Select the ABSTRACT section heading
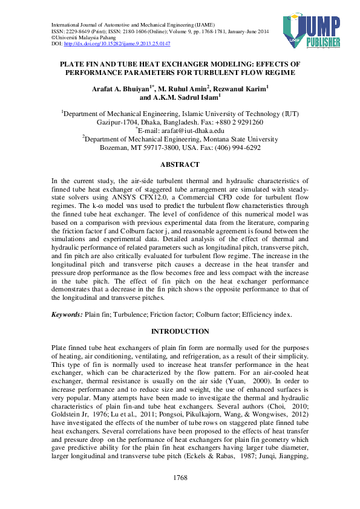180,164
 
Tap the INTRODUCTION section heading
180,331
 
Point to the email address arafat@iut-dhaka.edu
182,130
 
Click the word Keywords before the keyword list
67,314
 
